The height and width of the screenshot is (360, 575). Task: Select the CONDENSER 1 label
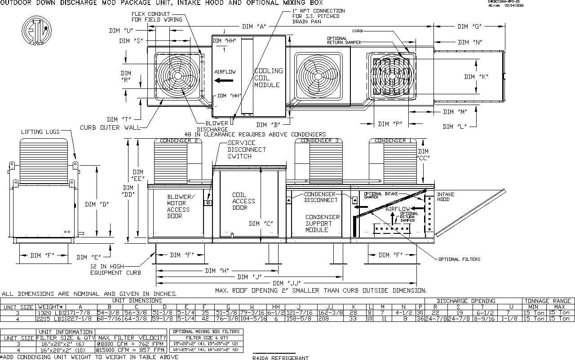393,140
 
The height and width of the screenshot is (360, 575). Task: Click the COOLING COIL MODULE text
269,78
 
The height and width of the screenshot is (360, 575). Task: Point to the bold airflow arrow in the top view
224,81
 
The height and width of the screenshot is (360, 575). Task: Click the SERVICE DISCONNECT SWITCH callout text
247,149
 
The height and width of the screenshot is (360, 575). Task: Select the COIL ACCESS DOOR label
243,202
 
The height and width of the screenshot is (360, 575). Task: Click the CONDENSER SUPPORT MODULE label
323,224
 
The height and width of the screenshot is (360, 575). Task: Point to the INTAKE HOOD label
446,197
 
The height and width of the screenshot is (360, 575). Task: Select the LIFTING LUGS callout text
40,132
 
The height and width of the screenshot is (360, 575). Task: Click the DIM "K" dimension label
476,77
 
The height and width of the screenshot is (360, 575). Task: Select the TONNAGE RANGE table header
548,301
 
